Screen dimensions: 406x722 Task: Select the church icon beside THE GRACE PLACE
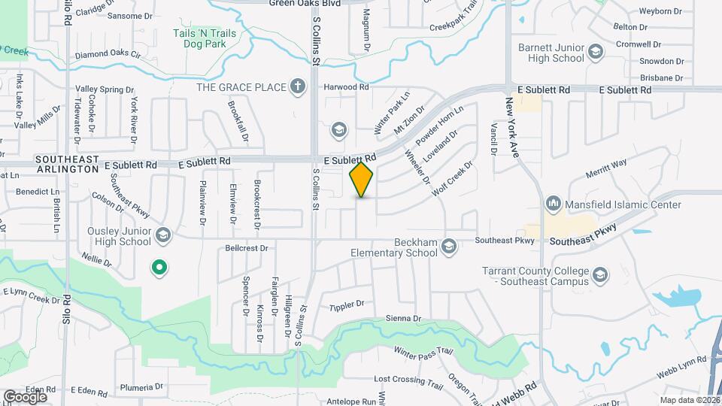tap(299, 86)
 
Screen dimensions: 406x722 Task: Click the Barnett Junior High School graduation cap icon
tap(596, 52)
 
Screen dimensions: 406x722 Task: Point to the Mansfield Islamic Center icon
tap(554, 204)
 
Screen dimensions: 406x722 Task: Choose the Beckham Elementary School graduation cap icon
tap(449, 247)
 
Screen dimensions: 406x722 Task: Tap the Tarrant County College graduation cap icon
tap(600, 275)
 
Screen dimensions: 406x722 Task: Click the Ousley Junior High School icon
tap(162, 236)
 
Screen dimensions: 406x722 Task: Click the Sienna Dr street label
tap(402, 318)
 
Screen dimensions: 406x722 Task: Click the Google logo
tap(25, 396)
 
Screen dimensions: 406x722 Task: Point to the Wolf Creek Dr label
tap(452, 178)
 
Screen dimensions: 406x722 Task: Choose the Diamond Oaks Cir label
tap(108, 54)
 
